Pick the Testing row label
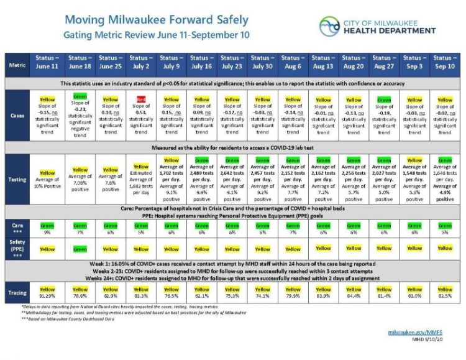16,180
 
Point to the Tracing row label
16,292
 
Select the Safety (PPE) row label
16,248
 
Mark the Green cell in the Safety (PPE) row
80,248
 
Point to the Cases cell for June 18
80,115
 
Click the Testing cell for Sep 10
445,180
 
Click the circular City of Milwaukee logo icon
329,26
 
